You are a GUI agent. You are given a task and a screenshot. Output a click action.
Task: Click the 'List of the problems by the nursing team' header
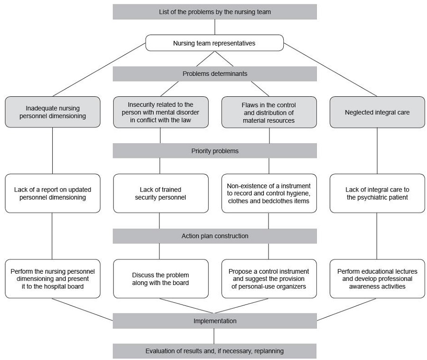pyautogui.click(x=214, y=12)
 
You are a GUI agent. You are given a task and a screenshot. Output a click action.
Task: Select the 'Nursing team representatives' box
pyautogui.click(x=214, y=43)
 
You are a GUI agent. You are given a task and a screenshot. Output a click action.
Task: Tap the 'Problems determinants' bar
pyautogui.click(x=214, y=74)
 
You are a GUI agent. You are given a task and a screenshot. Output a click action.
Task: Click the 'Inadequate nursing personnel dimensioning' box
pyautogui.click(x=53, y=112)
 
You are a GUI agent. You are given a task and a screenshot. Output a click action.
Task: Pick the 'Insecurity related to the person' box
pyautogui.click(x=161, y=112)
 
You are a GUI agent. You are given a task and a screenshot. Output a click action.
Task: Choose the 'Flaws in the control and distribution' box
pyautogui.click(x=269, y=112)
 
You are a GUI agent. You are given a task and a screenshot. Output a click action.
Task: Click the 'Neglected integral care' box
pyautogui.click(x=377, y=112)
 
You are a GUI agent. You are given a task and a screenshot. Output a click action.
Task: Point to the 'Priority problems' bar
pyautogui.click(x=214, y=151)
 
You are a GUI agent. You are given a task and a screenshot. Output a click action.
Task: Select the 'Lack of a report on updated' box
pyautogui.click(x=53, y=193)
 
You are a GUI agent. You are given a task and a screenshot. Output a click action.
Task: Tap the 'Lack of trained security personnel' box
pyautogui.click(x=161, y=193)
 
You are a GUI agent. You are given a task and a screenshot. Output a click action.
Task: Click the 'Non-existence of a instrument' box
pyautogui.click(x=269, y=193)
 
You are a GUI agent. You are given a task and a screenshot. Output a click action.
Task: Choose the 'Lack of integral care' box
pyautogui.click(x=377, y=193)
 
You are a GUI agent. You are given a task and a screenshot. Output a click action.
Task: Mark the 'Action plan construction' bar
pyautogui.click(x=214, y=236)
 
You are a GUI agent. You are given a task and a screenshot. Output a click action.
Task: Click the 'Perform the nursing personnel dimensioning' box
pyautogui.click(x=53, y=278)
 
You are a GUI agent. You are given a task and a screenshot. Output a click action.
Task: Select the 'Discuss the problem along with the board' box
pyautogui.click(x=161, y=278)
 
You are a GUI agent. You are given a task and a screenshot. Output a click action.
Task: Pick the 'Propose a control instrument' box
pyautogui.click(x=269, y=278)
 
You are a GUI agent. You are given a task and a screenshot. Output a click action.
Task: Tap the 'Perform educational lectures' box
pyautogui.click(x=377, y=278)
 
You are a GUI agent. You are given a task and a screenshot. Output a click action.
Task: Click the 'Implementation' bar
pyautogui.click(x=214, y=321)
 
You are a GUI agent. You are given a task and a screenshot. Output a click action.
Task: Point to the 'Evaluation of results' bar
pyautogui.click(x=214, y=351)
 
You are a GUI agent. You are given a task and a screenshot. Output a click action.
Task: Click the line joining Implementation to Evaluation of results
pyautogui.click(x=214, y=336)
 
